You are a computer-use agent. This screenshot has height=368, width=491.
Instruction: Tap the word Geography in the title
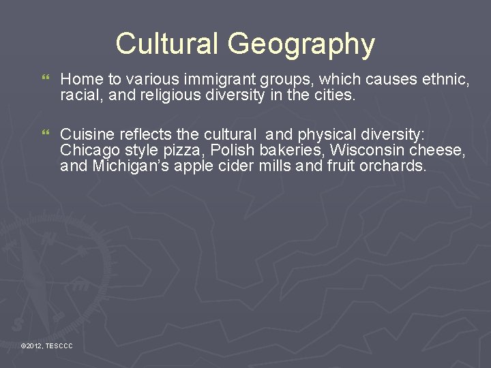[x=301, y=45]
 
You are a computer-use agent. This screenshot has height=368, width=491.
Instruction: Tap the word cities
[x=334, y=95]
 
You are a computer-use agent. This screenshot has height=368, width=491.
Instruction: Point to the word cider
[x=233, y=165]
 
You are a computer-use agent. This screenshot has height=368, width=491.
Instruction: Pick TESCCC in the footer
[x=59, y=347]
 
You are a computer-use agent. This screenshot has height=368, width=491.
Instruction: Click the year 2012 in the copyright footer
[x=34, y=347]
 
